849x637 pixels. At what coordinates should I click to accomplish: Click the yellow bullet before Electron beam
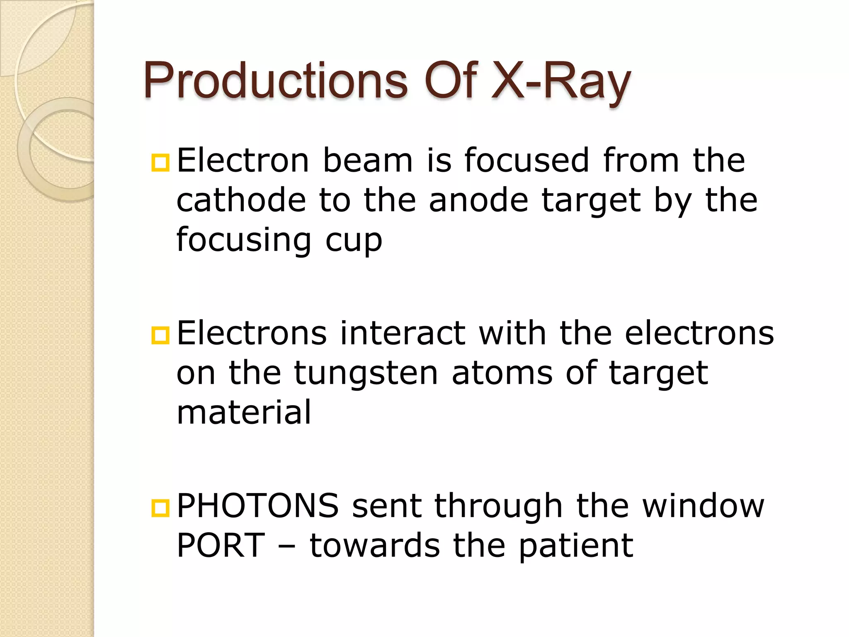point(160,163)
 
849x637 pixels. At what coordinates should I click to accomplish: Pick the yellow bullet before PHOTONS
point(160,508)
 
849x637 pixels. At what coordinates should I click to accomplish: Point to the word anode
point(478,200)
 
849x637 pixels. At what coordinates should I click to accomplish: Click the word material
point(244,412)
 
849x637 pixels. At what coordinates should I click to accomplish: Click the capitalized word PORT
point(221,545)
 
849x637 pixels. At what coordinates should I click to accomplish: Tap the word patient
point(576,546)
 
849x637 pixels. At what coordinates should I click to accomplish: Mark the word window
point(703,506)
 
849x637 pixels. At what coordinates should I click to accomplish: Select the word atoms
point(502,373)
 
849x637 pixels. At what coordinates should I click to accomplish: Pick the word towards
point(375,545)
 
